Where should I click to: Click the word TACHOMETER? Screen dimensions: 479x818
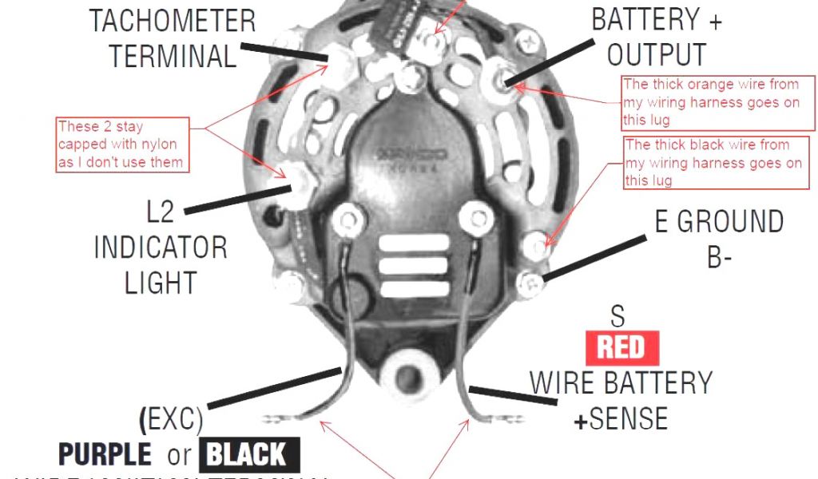[x=173, y=21]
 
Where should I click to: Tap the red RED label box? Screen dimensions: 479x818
[x=621, y=348]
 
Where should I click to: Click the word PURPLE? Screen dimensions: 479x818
[x=105, y=455]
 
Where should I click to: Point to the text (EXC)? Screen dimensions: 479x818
[x=171, y=418]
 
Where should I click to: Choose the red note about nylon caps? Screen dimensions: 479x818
[x=123, y=144]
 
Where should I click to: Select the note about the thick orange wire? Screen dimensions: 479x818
[x=718, y=102]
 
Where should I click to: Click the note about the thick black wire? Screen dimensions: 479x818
[x=713, y=162]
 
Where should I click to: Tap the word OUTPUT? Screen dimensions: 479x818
[x=657, y=54]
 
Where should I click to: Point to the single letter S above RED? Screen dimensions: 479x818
[x=617, y=317]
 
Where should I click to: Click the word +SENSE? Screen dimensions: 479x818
[x=621, y=418]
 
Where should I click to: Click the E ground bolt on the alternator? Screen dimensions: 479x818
[x=529, y=280]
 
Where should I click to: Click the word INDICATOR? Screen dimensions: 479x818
[x=160, y=247]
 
